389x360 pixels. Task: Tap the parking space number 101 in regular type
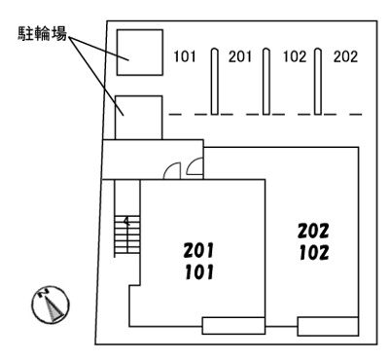[x=186, y=56]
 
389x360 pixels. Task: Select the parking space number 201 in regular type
[x=240, y=56]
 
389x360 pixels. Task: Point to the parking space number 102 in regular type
[x=294, y=56]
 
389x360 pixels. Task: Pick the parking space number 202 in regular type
[x=345, y=56]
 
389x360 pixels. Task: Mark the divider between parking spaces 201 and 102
[x=266, y=82]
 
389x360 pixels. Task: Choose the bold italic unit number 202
[x=314, y=232]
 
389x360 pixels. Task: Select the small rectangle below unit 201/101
[x=233, y=326]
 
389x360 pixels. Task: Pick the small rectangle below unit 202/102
[x=329, y=326]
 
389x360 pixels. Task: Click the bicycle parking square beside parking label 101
[x=138, y=52]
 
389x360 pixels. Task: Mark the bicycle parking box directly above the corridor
[x=137, y=117]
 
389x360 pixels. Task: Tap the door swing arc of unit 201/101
[x=173, y=170]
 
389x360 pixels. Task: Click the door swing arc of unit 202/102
[x=194, y=168]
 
